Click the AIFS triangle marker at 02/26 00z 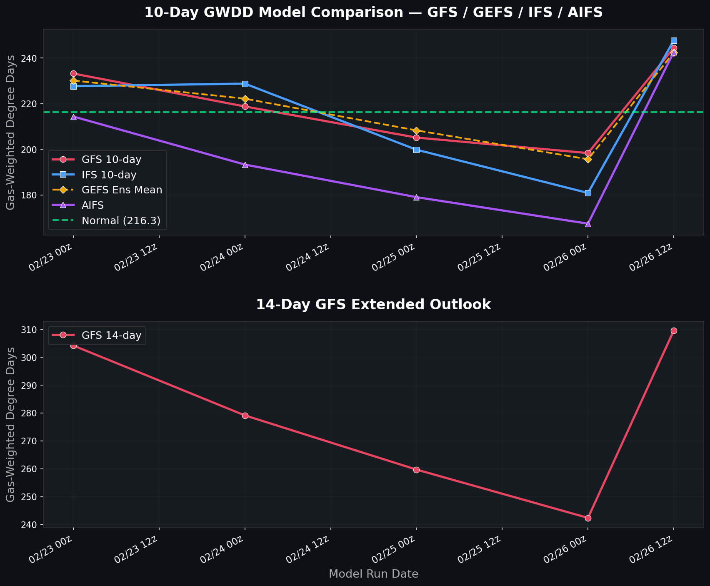pos(588,224)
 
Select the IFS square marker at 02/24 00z pos(245,84)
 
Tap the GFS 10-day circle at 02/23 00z pos(73,73)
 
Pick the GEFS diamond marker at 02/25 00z pos(416,131)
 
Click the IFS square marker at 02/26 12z pos(674,41)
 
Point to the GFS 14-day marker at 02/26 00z pos(588,518)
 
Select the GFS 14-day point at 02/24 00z pos(245,416)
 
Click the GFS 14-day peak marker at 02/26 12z pos(674,331)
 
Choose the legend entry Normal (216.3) pos(121,221)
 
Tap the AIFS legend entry pos(92,205)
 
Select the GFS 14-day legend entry pos(111,335)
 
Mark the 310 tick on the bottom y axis pos(33,330)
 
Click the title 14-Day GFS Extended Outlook pos(373,305)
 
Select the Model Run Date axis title pos(373,574)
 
